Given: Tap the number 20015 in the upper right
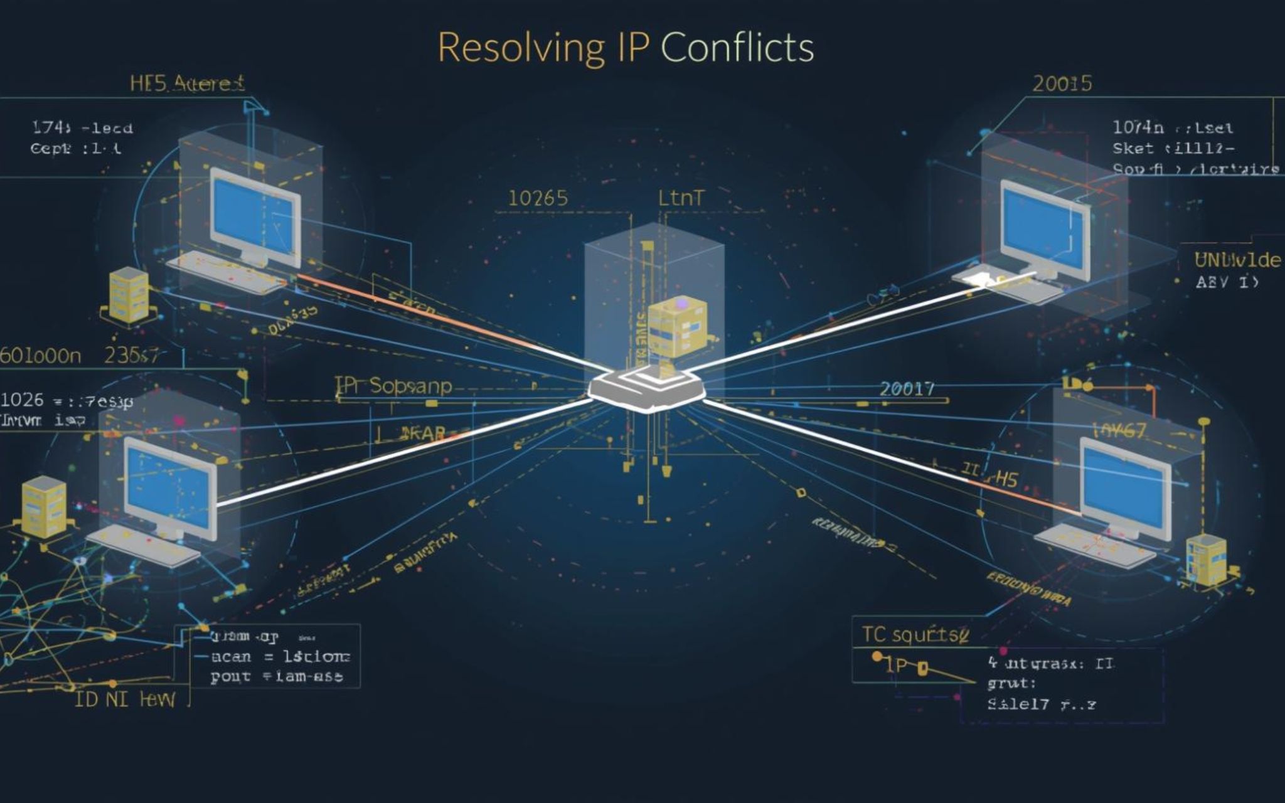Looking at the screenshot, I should coord(1062,83).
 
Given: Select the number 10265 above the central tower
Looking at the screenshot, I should coord(538,199).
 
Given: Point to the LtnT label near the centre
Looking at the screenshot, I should coord(681,199).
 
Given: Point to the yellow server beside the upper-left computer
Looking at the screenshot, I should coord(129,295).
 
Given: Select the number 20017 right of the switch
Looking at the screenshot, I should coord(907,389).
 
